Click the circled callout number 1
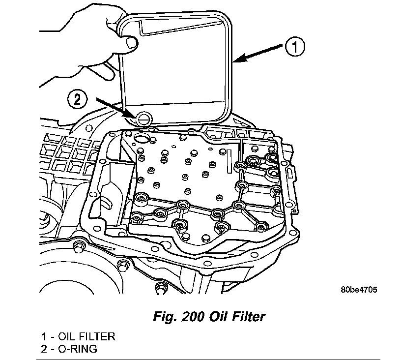[293, 48]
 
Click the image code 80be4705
[359, 290]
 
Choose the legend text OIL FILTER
[86, 337]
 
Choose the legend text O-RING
[78, 349]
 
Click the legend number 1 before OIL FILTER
[44, 337]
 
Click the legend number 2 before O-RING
[44, 349]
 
